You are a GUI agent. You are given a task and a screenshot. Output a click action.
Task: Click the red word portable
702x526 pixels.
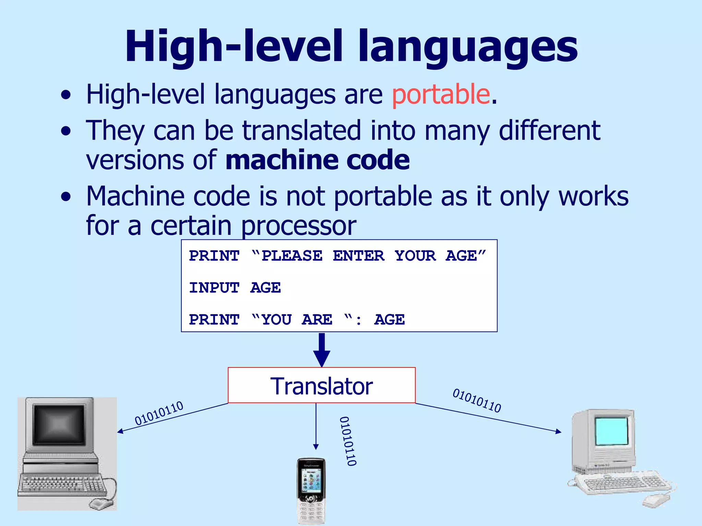pyautogui.click(x=441, y=94)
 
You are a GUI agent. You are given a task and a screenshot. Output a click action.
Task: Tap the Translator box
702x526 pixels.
pyautogui.click(x=322, y=386)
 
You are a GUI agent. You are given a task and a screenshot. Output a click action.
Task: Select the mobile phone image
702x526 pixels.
pyautogui.click(x=311, y=491)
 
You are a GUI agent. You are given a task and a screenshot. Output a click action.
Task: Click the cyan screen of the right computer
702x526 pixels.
pyautogui.click(x=612, y=431)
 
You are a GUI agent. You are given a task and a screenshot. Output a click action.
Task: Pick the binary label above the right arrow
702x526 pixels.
pyautogui.click(x=477, y=400)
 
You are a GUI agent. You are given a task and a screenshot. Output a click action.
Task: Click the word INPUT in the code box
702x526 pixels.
pyautogui.click(x=214, y=288)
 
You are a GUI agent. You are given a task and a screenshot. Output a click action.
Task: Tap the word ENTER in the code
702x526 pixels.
pyautogui.click(x=359, y=256)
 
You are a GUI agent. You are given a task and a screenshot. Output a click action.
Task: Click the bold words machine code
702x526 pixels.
pyautogui.click(x=317, y=160)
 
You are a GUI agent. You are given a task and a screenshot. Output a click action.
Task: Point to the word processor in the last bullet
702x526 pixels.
pyautogui.click(x=298, y=226)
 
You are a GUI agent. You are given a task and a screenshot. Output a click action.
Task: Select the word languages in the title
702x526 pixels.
pyautogui.click(x=468, y=48)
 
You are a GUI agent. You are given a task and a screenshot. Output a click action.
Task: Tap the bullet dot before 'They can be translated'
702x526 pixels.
pyautogui.click(x=66, y=131)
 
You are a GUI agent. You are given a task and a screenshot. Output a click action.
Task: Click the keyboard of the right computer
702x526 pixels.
pyautogui.click(x=620, y=483)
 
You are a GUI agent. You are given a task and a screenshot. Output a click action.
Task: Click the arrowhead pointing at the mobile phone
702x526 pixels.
pyautogui.click(x=316, y=447)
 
